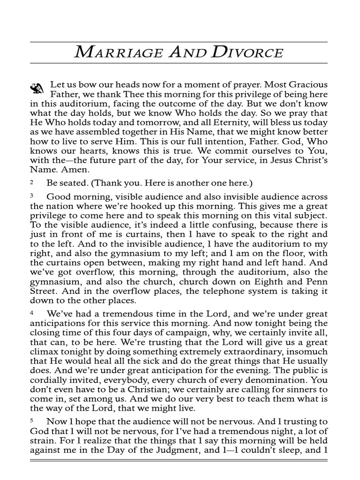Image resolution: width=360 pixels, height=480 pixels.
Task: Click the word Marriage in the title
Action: pyautogui.click(x=113, y=52)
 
